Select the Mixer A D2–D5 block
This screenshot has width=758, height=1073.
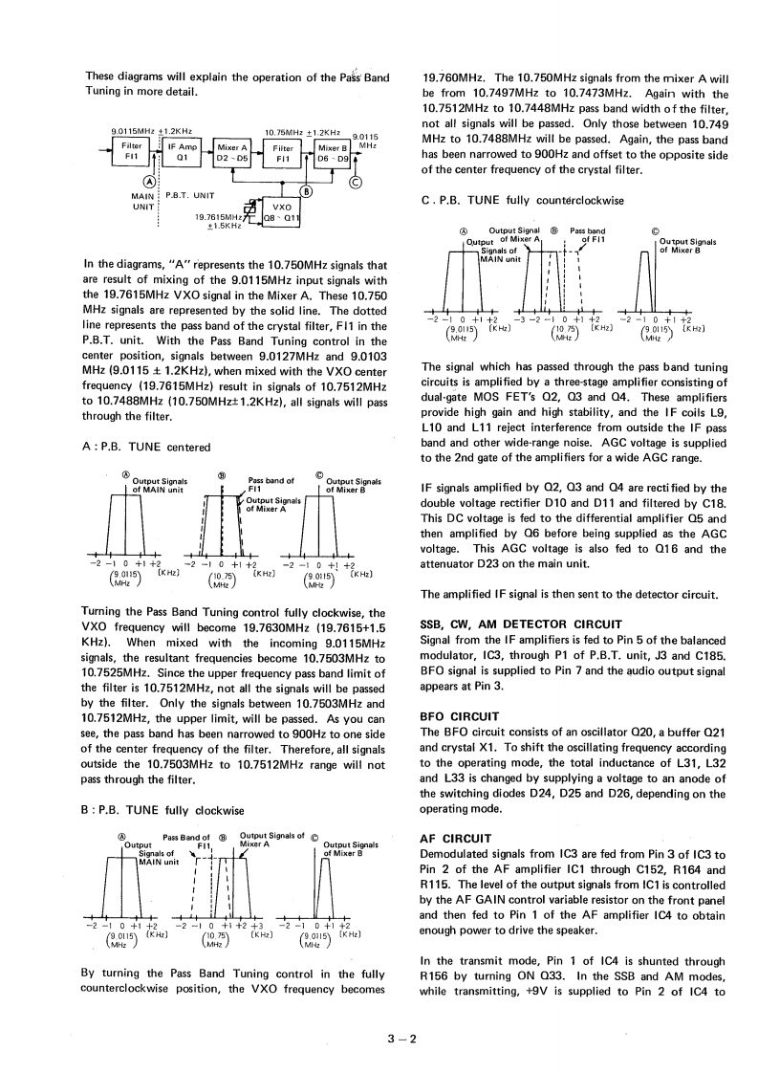[x=232, y=152]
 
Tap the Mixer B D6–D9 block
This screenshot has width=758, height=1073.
[x=334, y=152]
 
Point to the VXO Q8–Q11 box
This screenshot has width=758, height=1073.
[x=281, y=211]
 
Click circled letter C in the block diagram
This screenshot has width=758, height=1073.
[x=356, y=185]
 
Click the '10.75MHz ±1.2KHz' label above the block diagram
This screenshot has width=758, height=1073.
[x=302, y=131]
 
